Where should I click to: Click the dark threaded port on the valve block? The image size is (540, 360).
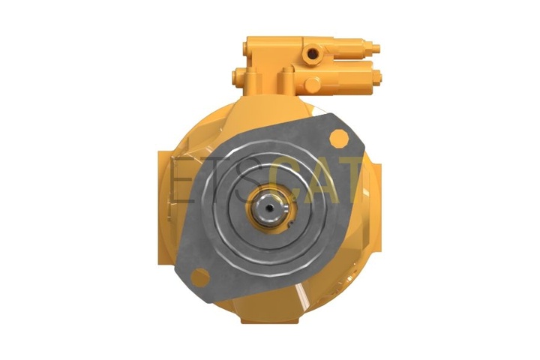point(312,53)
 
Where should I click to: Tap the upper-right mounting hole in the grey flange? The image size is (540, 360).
point(339,139)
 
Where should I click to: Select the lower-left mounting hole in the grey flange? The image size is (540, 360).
point(200,277)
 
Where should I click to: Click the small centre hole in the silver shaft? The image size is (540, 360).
point(271,208)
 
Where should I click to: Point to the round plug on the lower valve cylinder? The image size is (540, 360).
point(312,85)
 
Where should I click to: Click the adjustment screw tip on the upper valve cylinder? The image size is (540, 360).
point(376,48)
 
